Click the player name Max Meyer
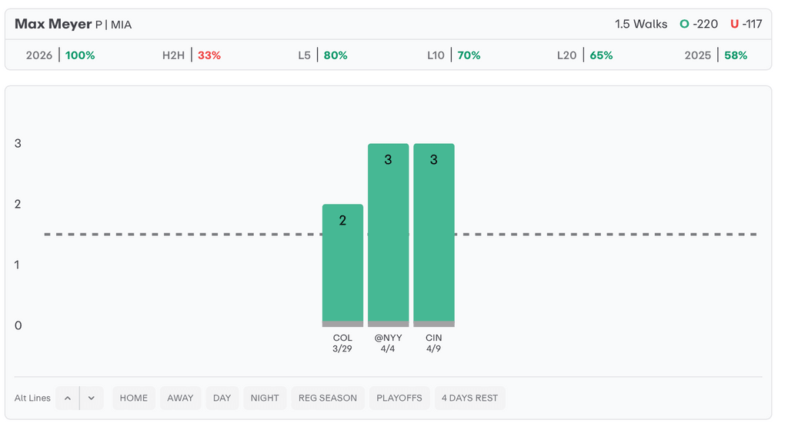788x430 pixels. pyautogui.click(x=53, y=24)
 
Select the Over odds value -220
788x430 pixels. pyautogui.click(x=705, y=24)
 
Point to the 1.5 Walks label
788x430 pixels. pyautogui.click(x=641, y=24)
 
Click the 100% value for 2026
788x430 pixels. pyautogui.click(x=80, y=55)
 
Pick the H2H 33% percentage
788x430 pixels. pyautogui.click(x=209, y=55)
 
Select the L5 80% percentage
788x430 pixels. pyautogui.click(x=335, y=55)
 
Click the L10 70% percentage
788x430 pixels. pyautogui.click(x=469, y=55)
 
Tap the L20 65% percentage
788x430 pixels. pyautogui.click(x=601, y=55)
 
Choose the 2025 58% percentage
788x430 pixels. pyautogui.click(x=736, y=55)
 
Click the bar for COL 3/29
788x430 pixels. pyautogui.click(x=342, y=265)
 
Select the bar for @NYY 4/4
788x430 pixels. pyautogui.click(x=388, y=235)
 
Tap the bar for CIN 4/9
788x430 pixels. pyautogui.click(x=434, y=235)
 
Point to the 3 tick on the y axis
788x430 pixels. pyautogui.click(x=18, y=144)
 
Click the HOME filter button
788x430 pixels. pyautogui.click(x=134, y=398)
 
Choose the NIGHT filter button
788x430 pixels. pyautogui.click(x=265, y=398)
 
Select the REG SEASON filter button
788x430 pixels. pyautogui.click(x=328, y=398)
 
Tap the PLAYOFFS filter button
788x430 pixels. pyautogui.click(x=399, y=398)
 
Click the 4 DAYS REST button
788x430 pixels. pyautogui.click(x=469, y=398)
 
